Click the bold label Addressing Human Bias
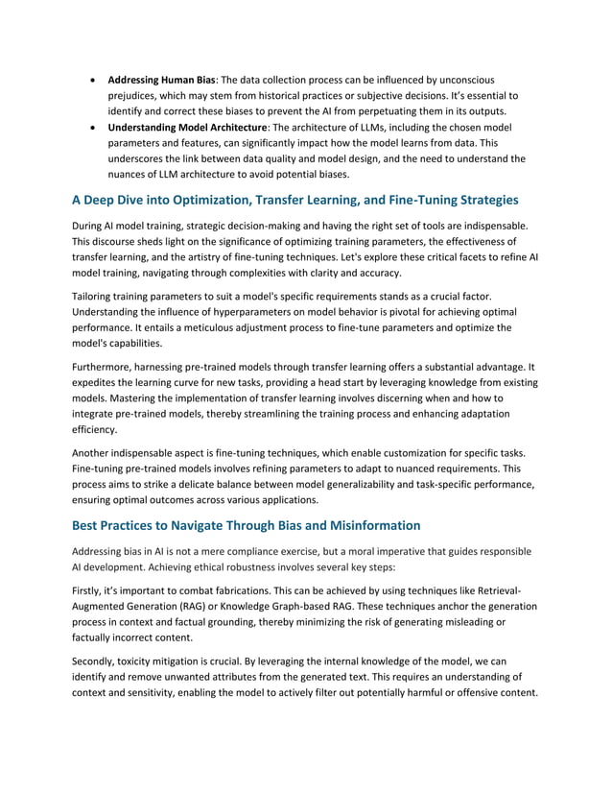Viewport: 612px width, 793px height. (x=161, y=79)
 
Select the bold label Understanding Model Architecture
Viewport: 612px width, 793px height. (x=188, y=126)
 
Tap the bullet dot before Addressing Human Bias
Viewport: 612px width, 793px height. (x=91, y=79)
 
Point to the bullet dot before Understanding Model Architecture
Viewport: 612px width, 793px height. (x=91, y=126)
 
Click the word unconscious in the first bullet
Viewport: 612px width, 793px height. (x=464, y=79)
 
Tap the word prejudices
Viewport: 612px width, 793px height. (x=135, y=95)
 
